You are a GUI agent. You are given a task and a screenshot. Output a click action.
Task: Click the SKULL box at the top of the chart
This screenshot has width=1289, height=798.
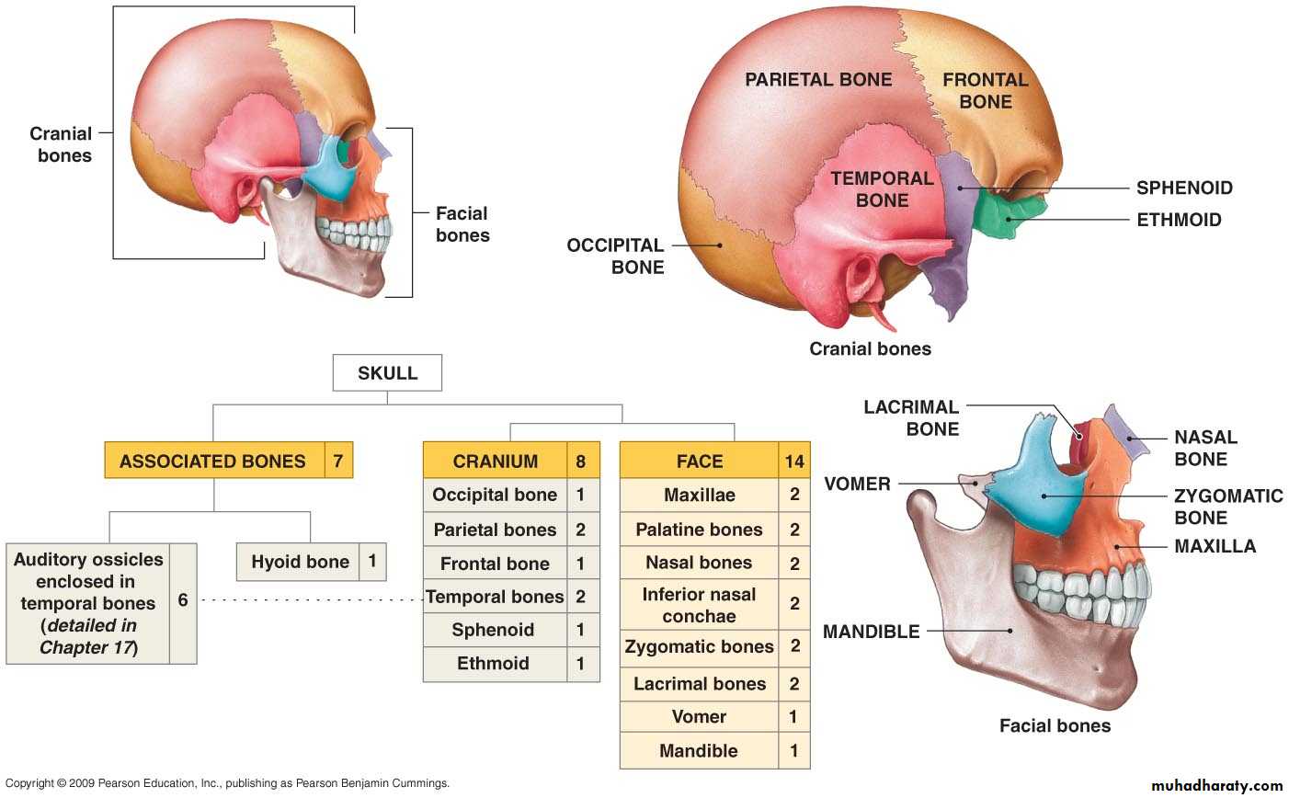(x=387, y=373)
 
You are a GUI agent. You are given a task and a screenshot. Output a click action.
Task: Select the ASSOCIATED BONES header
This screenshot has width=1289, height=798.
(x=212, y=461)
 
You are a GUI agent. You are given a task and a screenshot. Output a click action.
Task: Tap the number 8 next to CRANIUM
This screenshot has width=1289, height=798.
(x=581, y=461)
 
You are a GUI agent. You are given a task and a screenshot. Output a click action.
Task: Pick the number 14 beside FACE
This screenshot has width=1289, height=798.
(x=794, y=461)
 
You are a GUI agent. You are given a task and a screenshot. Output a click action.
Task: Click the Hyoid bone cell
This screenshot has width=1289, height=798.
(x=300, y=562)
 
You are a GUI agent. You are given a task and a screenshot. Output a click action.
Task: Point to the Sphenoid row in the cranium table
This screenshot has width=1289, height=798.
(x=493, y=630)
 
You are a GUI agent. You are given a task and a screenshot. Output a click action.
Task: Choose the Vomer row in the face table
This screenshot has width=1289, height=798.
(x=699, y=717)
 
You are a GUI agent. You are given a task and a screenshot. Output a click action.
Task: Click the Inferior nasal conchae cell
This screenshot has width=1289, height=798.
(x=699, y=605)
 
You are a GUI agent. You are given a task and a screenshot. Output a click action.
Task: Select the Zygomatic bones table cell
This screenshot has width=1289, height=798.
(x=699, y=646)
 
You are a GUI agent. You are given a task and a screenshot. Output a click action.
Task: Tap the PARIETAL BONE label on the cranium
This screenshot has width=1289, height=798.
(x=818, y=80)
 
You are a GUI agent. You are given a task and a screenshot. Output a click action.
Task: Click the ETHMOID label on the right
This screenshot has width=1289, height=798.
(x=1179, y=220)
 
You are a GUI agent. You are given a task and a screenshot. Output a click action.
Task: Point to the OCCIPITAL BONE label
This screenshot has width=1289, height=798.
(x=615, y=256)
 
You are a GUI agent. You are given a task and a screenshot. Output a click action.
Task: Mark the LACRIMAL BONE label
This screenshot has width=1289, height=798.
(x=910, y=417)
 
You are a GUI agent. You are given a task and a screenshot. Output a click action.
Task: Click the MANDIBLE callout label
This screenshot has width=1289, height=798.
(x=871, y=632)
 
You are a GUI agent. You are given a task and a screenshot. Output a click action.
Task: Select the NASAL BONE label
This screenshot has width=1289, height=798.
(x=1205, y=449)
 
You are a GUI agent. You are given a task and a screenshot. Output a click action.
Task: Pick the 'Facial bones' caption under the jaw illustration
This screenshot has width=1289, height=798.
(x=1055, y=726)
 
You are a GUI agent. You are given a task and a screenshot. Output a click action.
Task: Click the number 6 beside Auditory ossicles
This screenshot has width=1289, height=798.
(x=183, y=600)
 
